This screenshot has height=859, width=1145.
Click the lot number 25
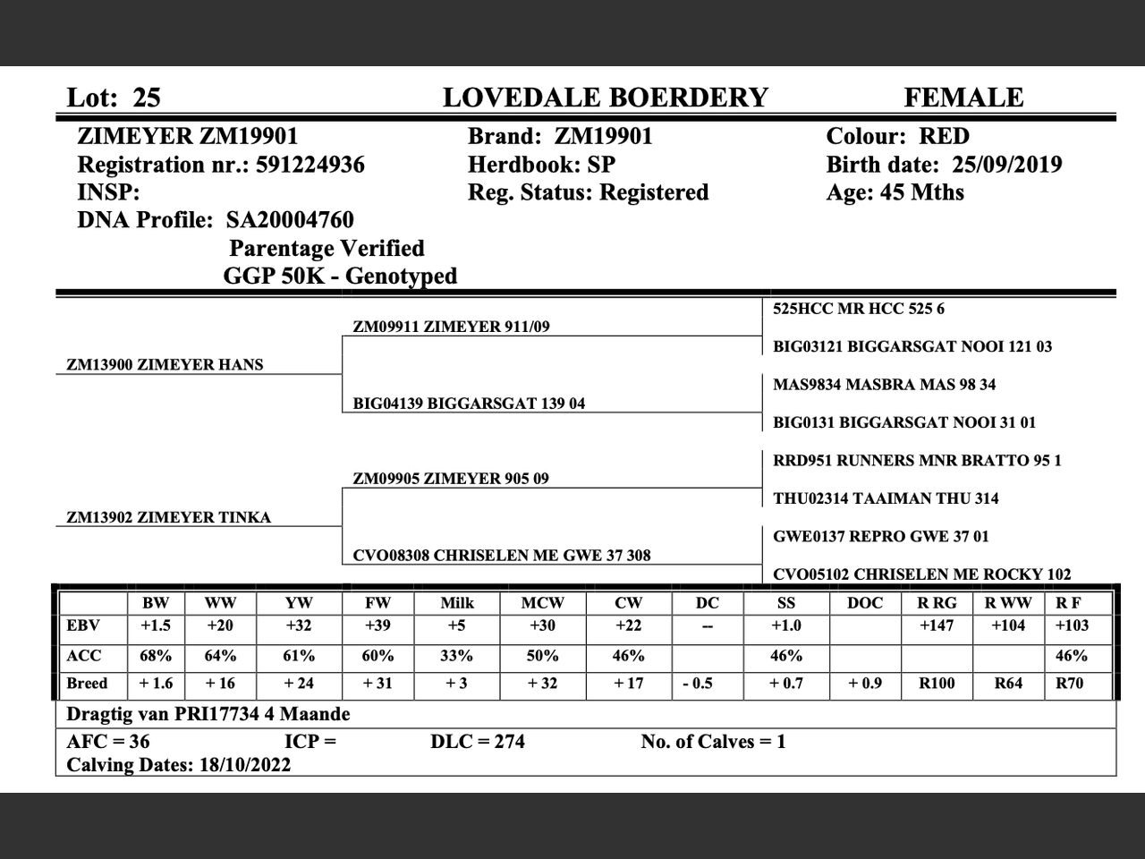pyautogui.click(x=147, y=98)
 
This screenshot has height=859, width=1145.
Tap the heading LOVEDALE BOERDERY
pyautogui.click(x=606, y=98)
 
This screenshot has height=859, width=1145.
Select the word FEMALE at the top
pyautogui.click(x=963, y=98)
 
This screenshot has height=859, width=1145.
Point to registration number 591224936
pyautogui.click(x=310, y=165)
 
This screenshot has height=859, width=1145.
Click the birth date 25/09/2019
pyautogui.click(x=1007, y=165)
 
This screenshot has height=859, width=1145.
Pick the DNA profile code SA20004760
pyautogui.click(x=290, y=220)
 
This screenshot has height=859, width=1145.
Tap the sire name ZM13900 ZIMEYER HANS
pyautogui.click(x=165, y=365)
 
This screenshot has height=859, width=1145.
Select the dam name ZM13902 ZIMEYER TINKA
pyautogui.click(x=168, y=517)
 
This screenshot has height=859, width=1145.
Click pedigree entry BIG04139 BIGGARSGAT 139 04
pyautogui.click(x=469, y=404)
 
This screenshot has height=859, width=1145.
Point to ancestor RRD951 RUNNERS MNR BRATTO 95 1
pyautogui.click(x=917, y=461)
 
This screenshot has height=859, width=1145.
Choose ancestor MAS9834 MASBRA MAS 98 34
pyautogui.click(x=884, y=385)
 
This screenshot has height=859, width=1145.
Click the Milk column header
pyautogui.click(x=456, y=603)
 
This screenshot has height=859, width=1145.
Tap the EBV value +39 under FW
pyautogui.click(x=377, y=625)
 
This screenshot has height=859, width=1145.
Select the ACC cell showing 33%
pyautogui.click(x=456, y=656)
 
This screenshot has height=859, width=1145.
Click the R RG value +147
pyautogui.click(x=937, y=625)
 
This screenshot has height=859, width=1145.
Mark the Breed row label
pyautogui.click(x=87, y=684)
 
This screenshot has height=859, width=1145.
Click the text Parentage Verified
pyautogui.click(x=327, y=249)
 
